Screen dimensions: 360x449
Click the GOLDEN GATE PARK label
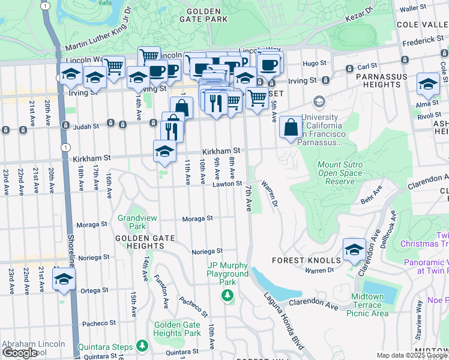tap(206, 15)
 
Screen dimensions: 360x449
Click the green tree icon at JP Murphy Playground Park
tap(228, 295)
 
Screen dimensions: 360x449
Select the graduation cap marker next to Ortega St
tap(64, 280)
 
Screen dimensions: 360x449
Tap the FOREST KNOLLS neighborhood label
tap(306, 260)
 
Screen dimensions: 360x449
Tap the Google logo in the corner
tap(20, 353)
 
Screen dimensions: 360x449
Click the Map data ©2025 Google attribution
tap(412, 356)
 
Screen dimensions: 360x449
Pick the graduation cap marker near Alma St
tap(428, 84)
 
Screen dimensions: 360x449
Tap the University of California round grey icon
tap(318, 101)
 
